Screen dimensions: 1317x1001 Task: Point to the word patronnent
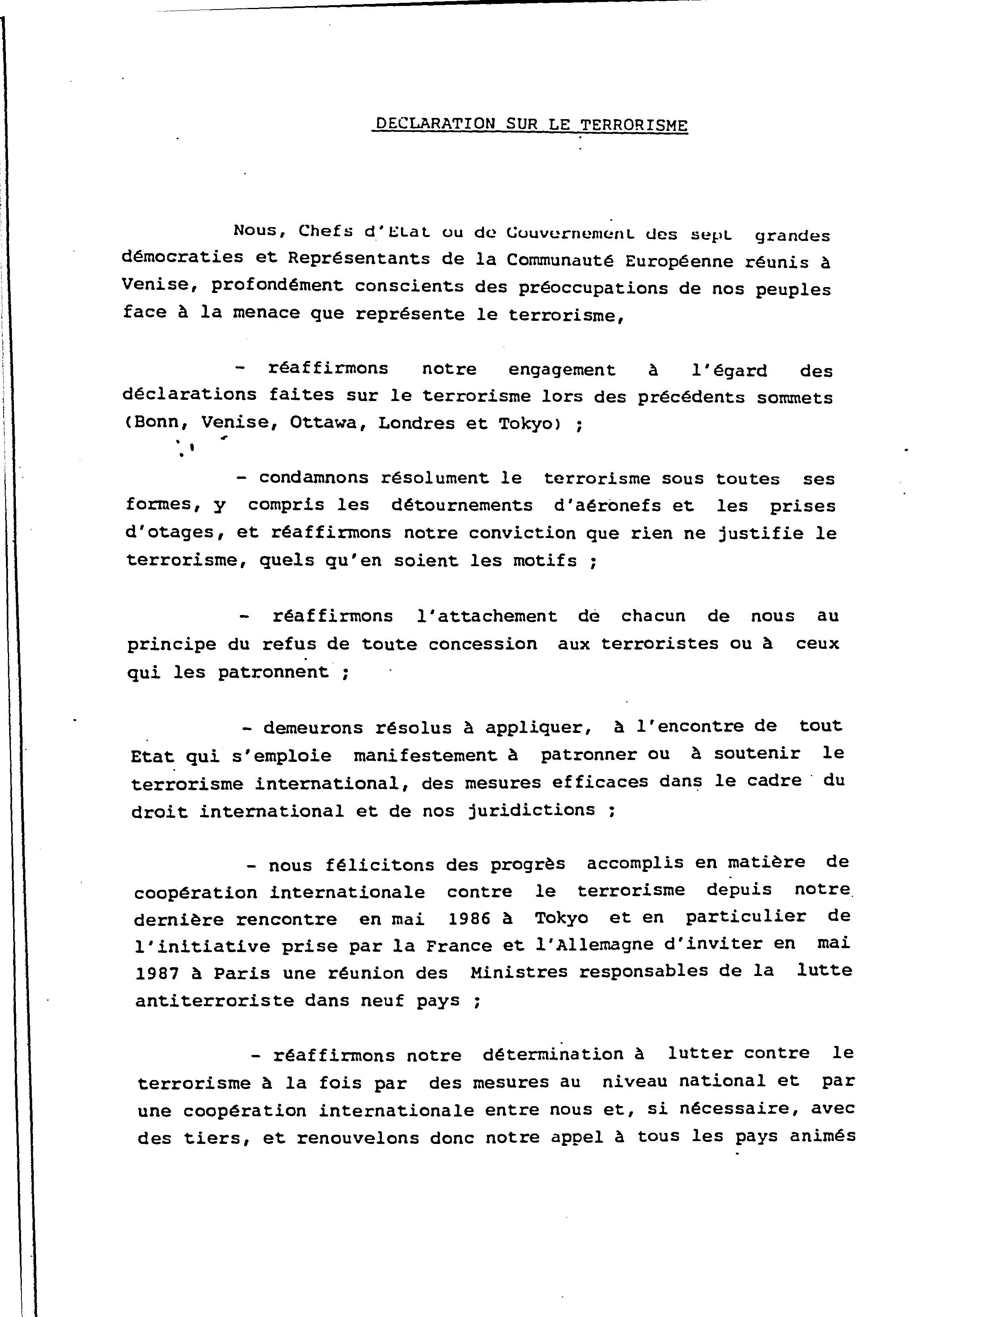pyautogui.click(x=273, y=673)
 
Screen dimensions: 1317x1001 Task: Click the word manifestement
pyautogui.click(x=425, y=755)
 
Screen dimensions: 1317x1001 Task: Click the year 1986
pyautogui.click(x=469, y=919)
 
